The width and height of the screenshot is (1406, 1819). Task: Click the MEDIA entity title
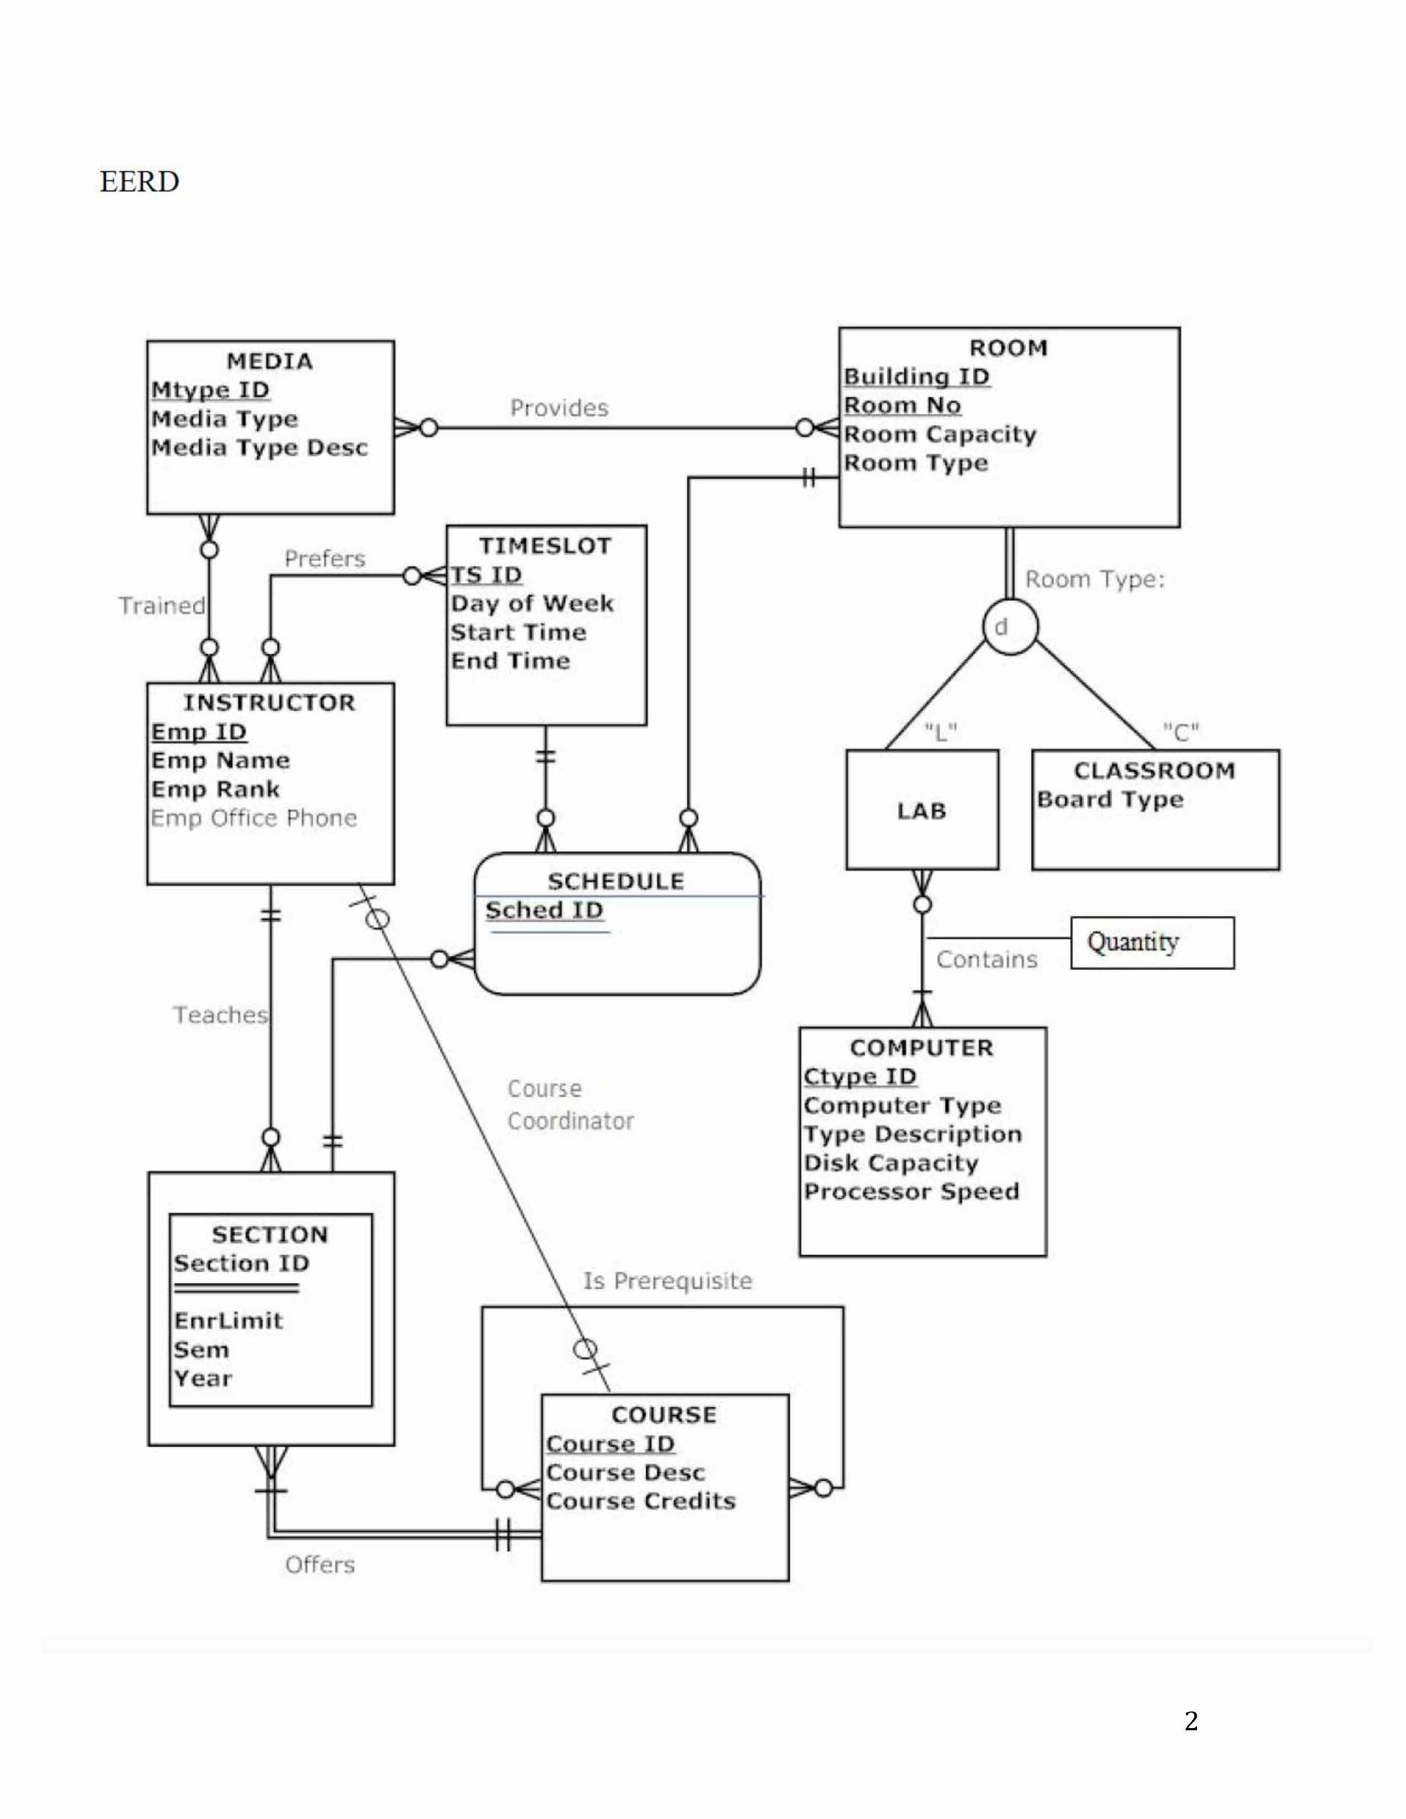pos(269,362)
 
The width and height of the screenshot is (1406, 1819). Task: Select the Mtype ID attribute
pos(210,390)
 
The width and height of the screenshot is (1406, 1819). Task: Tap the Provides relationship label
pos(559,408)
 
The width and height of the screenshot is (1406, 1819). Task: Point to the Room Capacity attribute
pos(940,434)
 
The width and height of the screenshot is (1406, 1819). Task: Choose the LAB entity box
pos(921,810)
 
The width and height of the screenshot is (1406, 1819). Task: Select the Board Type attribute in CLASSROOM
pos(1109,800)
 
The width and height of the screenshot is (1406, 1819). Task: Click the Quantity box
pos(1151,943)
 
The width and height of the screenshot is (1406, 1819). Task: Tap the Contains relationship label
pos(986,960)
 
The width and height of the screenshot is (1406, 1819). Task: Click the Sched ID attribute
pos(544,911)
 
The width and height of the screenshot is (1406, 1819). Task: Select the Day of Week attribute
pos(532,603)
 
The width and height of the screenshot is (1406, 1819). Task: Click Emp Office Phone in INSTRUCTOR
pos(253,818)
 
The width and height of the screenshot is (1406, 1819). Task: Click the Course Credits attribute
pos(641,1501)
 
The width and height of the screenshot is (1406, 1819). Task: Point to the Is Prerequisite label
pos(667,1280)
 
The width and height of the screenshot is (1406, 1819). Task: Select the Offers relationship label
pos(319,1564)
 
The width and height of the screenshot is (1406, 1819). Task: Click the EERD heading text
pos(139,181)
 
